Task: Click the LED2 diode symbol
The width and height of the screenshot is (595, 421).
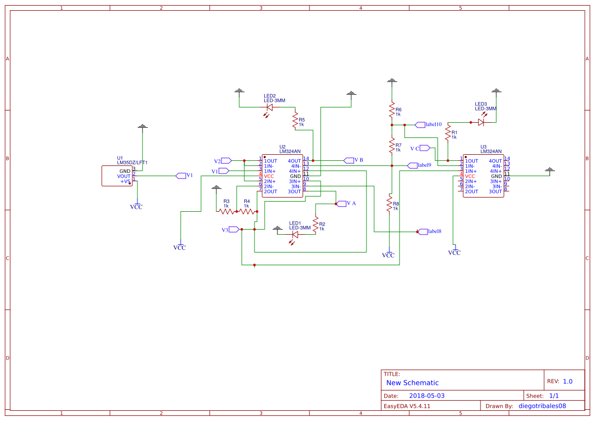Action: (270, 107)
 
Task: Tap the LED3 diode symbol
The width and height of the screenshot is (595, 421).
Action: (481, 122)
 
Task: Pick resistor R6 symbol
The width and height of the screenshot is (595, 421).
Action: (391, 110)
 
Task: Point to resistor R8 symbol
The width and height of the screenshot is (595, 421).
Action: (389, 205)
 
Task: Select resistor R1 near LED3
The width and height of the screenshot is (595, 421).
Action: (448, 133)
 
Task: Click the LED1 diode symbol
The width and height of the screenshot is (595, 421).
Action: (295, 235)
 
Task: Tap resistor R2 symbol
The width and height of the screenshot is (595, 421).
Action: (316, 224)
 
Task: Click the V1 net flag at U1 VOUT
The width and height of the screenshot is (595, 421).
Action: (181, 176)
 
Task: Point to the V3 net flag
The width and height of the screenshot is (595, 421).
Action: (234, 230)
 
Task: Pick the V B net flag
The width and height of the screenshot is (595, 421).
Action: (349, 160)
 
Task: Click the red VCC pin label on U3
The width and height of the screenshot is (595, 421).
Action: (470, 176)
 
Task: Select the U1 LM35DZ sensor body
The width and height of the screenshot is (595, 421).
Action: (117, 176)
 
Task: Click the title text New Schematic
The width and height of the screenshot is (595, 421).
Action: (412, 383)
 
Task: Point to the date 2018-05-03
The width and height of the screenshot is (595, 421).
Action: (427, 396)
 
